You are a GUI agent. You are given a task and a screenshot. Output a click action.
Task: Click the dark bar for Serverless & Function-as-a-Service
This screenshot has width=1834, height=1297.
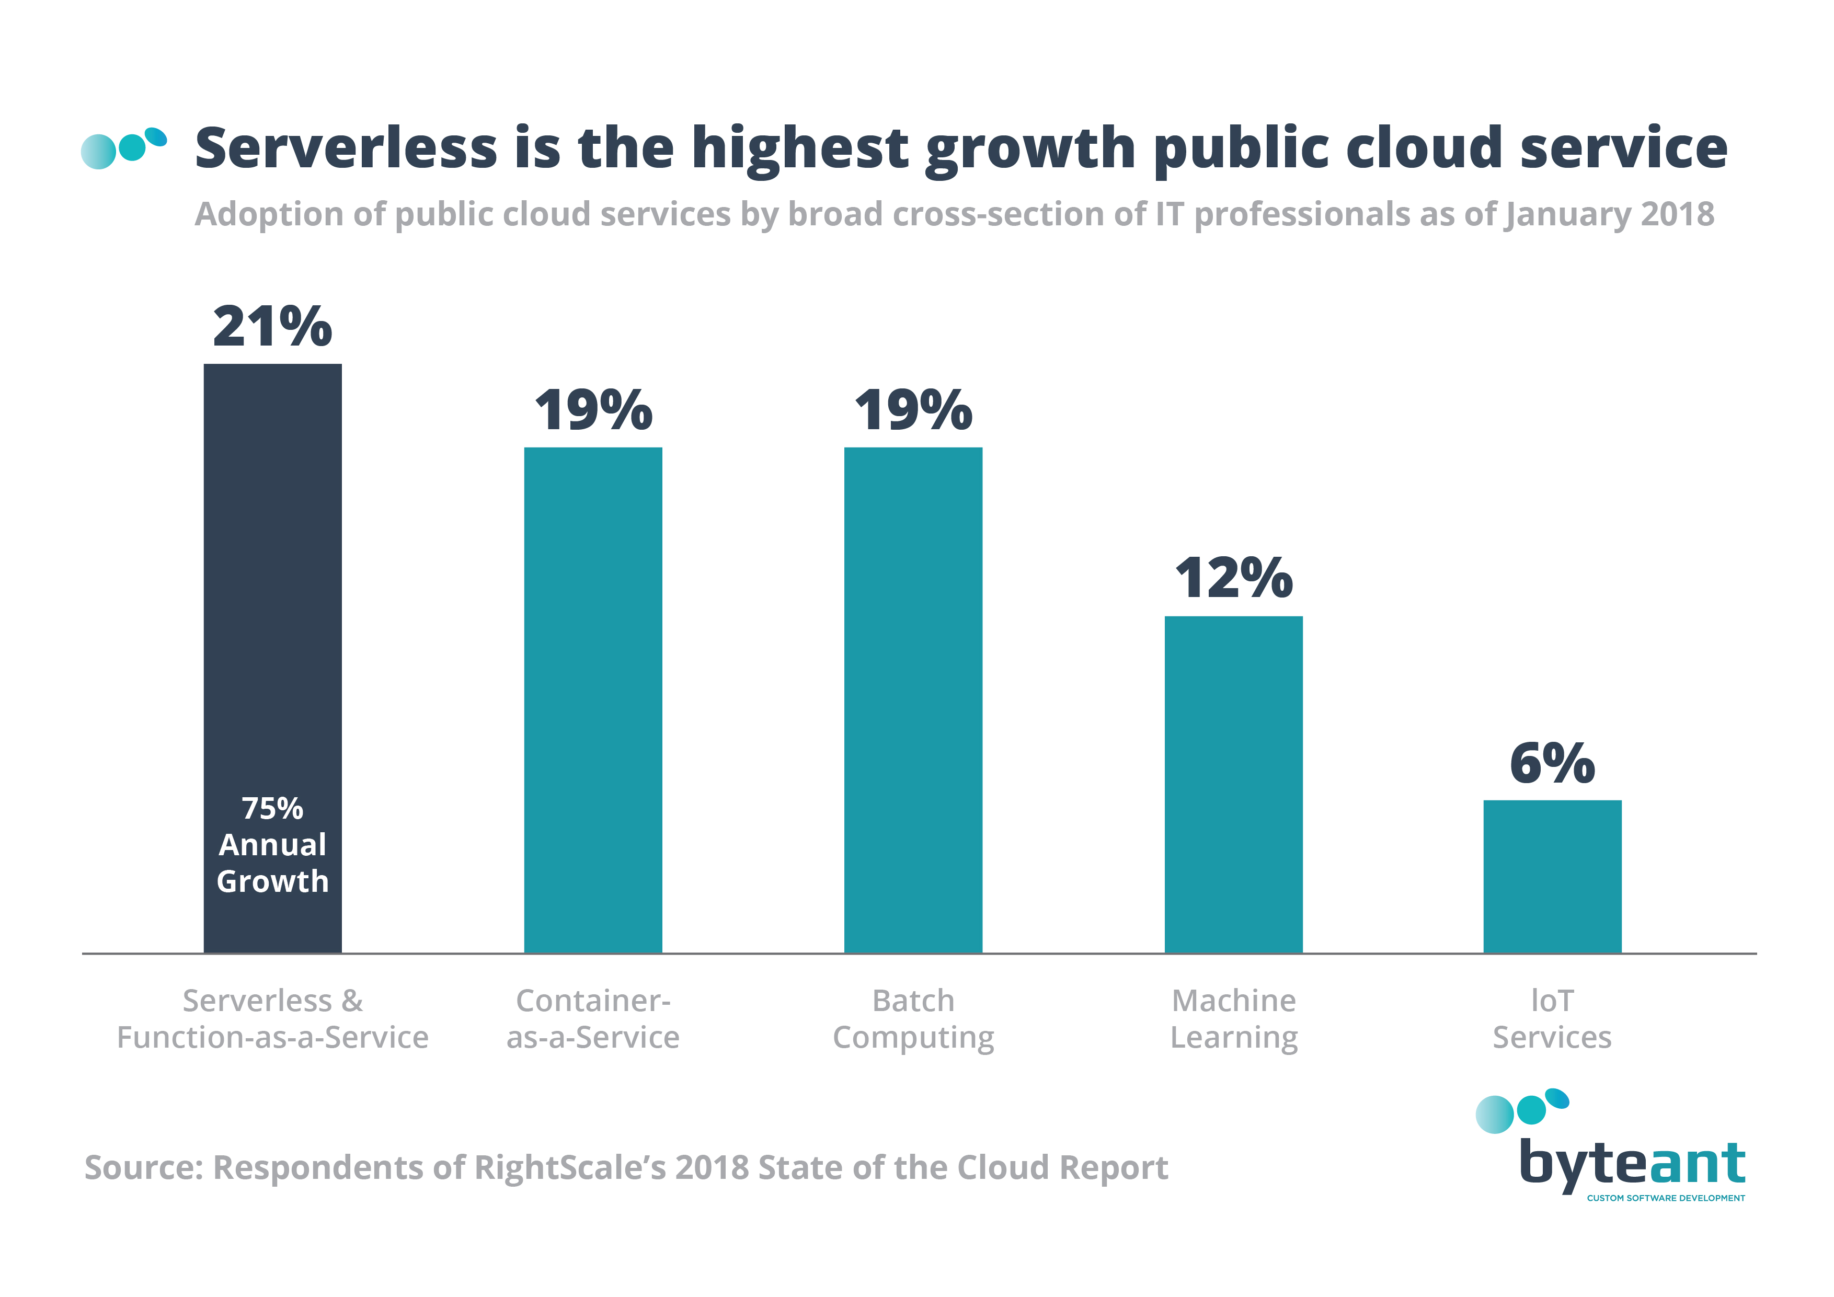coord(272,599)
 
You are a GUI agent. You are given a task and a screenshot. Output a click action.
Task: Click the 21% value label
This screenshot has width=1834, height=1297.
coord(272,327)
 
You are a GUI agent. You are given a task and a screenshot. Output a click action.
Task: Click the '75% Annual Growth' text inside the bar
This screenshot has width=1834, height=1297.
coord(272,845)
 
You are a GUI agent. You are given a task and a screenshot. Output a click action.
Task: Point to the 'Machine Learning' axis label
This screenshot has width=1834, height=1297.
coord(1233,1019)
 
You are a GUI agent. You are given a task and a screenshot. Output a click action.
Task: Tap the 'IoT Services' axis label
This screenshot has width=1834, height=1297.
coord(1552,1019)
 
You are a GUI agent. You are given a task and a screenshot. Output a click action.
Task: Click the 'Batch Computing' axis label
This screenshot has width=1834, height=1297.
coord(913,1019)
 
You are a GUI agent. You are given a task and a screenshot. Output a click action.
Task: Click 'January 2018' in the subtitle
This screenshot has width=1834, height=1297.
coord(1610,214)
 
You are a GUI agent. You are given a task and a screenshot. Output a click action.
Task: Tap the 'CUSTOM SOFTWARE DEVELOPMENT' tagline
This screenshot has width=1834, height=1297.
coord(1666,1198)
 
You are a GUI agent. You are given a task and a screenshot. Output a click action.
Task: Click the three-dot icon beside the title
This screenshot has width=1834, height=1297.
coord(124,148)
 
